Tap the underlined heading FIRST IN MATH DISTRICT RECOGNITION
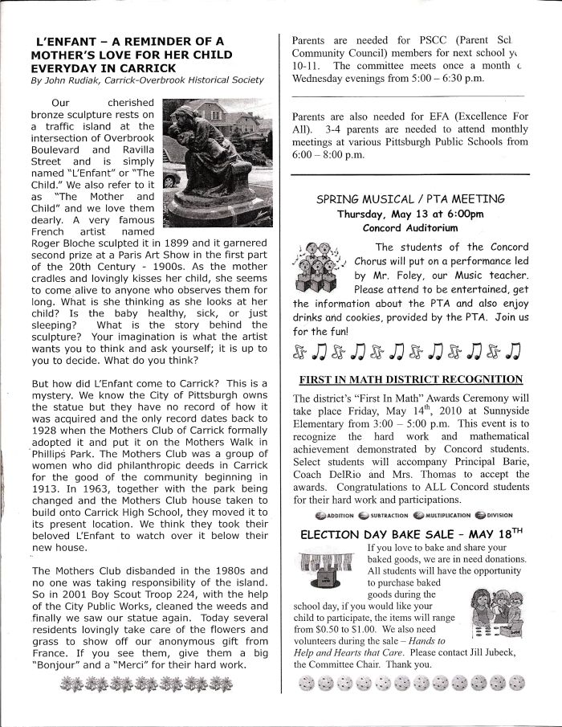point(410,379)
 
